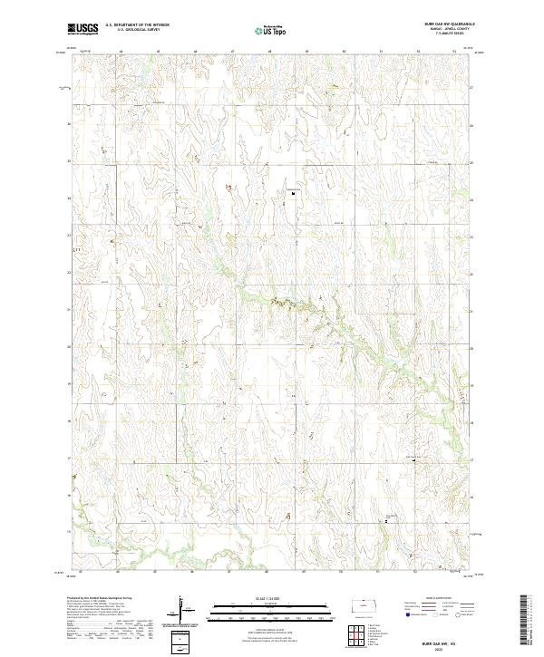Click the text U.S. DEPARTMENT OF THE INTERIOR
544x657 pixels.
pos(137,25)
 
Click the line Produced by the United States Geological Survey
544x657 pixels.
pos(95,600)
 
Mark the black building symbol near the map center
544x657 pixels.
pos(293,192)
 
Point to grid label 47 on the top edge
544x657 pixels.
pos(233,50)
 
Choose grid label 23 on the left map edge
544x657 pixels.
pos(69,235)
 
